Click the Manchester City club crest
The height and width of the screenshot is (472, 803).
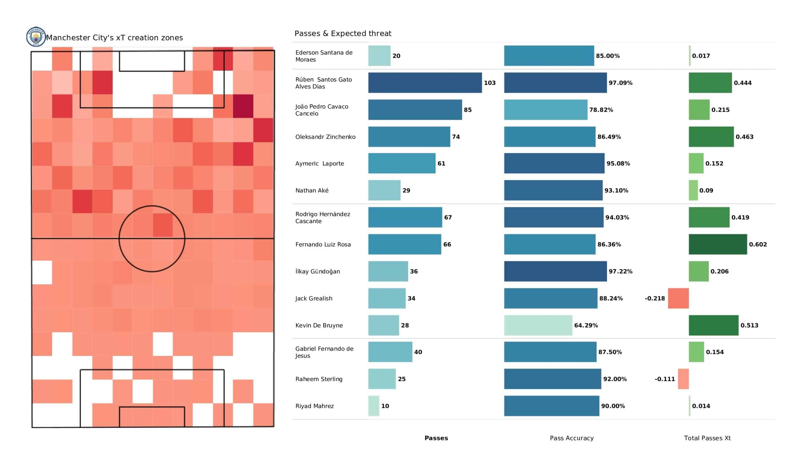36,36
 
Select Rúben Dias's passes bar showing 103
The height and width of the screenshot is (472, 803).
425,83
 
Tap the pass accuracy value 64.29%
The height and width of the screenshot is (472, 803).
586,325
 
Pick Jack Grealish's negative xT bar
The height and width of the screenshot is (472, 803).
678,298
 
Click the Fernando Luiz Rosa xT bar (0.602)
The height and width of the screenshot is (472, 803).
718,244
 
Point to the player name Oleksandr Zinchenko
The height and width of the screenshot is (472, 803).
325,137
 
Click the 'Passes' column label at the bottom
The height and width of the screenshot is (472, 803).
436,438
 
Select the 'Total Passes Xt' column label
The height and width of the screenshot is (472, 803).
707,438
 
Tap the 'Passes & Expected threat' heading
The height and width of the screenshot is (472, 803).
343,34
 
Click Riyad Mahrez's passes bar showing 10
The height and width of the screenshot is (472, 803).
374,406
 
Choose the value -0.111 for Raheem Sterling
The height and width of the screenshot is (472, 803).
665,379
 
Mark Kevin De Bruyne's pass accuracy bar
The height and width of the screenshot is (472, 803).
538,325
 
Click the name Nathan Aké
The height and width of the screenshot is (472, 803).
312,191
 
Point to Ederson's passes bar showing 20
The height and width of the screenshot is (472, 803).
379,56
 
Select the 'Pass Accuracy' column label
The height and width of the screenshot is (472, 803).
572,438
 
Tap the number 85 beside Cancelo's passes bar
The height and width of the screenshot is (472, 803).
467,110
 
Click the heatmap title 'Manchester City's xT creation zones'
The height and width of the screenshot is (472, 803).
115,38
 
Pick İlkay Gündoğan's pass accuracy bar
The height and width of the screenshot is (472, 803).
555,271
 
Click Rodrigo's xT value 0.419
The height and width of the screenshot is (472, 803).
740,217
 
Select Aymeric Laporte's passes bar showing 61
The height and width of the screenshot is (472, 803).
401,163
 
